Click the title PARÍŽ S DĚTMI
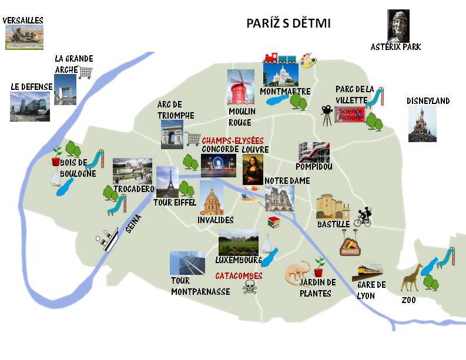point(289,24)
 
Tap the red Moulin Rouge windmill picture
point(240,87)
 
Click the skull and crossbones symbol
point(250,287)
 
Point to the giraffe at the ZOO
point(411,277)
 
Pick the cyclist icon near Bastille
point(363,217)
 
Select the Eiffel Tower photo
point(167,181)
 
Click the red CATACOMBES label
point(239,275)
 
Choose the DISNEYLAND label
point(428,101)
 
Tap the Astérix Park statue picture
point(398,25)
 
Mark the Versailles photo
point(24,37)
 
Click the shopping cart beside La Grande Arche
point(86,72)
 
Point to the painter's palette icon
point(307,59)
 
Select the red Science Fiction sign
point(350,114)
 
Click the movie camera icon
point(326,114)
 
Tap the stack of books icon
point(273,222)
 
